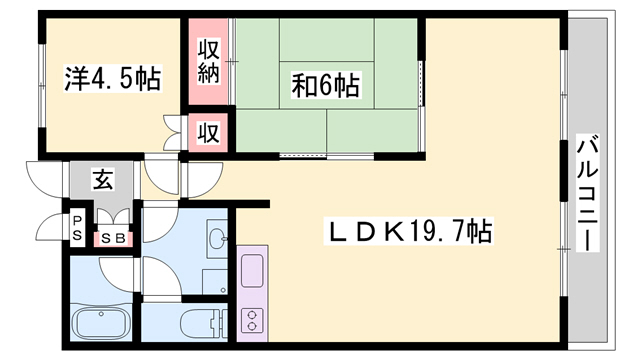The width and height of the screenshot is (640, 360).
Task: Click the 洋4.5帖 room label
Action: coord(113,78)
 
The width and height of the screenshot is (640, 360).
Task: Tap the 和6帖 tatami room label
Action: coord(326,85)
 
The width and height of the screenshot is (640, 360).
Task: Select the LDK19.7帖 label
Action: coord(409,231)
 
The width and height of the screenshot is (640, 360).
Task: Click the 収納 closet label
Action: coord(209,61)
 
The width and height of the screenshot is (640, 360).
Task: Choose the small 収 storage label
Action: coord(209,133)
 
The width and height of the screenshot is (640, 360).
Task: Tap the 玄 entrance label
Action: coord(102,180)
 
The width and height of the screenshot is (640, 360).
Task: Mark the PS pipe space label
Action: coord(77,228)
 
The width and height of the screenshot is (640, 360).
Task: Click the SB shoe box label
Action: coord(113,239)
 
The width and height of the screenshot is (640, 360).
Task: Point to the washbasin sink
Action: coord(217,238)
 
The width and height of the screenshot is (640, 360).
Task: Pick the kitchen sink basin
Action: coord(252,271)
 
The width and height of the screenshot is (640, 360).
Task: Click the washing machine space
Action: coord(215,282)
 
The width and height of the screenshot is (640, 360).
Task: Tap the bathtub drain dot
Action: coord(100,313)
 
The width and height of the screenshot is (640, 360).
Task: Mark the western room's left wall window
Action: coord(41,85)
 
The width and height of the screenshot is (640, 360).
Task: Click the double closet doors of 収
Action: coord(173,133)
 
